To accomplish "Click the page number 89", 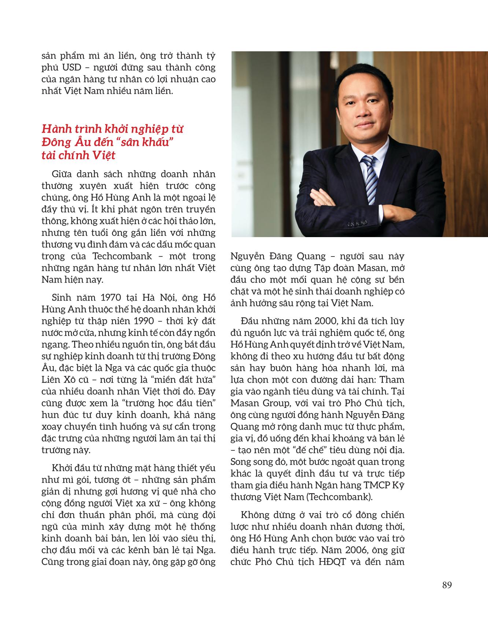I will point(447,585).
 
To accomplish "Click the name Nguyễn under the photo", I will point(248,256).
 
